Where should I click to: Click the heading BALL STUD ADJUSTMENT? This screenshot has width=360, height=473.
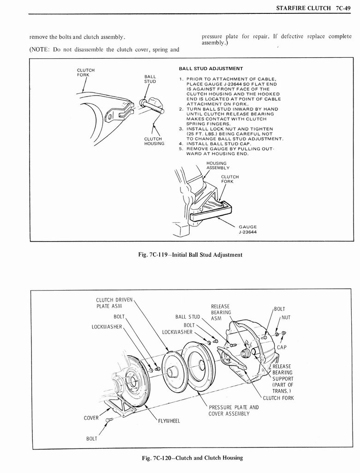point(211,68)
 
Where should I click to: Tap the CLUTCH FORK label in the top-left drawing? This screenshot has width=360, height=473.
point(85,73)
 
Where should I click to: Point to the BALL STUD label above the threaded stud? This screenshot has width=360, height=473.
point(150,79)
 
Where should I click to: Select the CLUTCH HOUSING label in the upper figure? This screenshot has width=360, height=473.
point(154,141)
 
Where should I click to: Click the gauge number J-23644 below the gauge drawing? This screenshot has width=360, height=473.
point(248,232)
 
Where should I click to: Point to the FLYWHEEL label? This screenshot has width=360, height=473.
point(169,421)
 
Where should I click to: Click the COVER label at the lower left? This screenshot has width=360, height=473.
point(92,418)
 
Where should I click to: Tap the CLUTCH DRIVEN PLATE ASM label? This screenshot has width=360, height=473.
point(114,303)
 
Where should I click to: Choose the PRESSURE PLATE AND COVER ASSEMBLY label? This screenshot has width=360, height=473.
point(234,410)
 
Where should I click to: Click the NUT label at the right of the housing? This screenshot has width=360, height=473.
point(286,317)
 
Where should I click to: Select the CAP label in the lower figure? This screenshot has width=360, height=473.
point(282,347)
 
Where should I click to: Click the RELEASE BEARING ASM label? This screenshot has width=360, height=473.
point(220,312)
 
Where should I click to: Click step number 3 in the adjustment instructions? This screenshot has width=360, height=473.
point(181,129)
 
